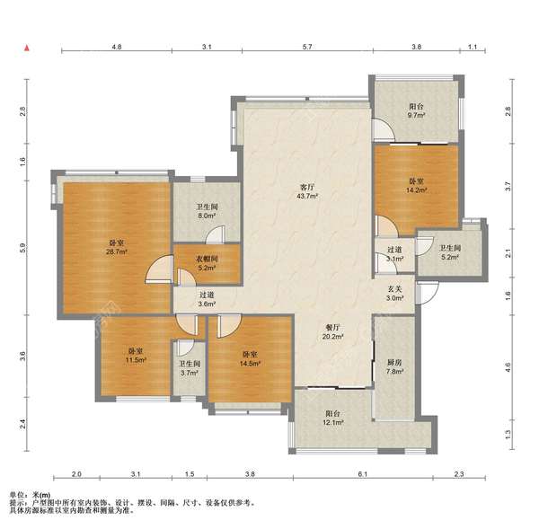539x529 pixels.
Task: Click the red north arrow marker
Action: click(x=26, y=48)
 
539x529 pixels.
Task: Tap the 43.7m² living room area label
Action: click(x=307, y=197)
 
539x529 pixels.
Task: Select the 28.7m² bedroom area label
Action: click(x=117, y=252)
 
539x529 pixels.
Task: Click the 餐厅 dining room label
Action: click(x=332, y=328)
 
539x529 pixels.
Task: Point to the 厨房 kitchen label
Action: click(x=394, y=362)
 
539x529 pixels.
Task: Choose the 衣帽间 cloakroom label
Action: click(x=207, y=260)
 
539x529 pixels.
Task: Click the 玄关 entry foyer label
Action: click(x=394, y=289)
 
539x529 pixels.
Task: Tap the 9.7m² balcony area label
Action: click(x=416, y=116)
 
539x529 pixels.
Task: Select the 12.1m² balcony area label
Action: click(x=332, y=423)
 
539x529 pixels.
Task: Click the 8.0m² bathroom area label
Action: click(x=207, y=216)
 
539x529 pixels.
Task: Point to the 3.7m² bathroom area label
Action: click(x=190, y=373)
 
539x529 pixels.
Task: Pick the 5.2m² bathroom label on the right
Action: click(x=450, y=257)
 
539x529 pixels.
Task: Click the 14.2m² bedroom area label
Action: click(x=416, y=190)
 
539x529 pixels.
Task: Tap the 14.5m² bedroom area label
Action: click(x=250, y=364)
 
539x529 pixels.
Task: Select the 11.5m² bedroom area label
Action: click(x=137, y=360)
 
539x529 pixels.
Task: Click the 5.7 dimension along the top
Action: click(x=307, y=47)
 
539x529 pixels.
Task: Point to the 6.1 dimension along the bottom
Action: click(x=363, y=474)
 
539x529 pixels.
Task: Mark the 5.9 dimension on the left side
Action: click(x=22, y=248)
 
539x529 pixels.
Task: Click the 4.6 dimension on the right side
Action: click(x=508, y=367)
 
